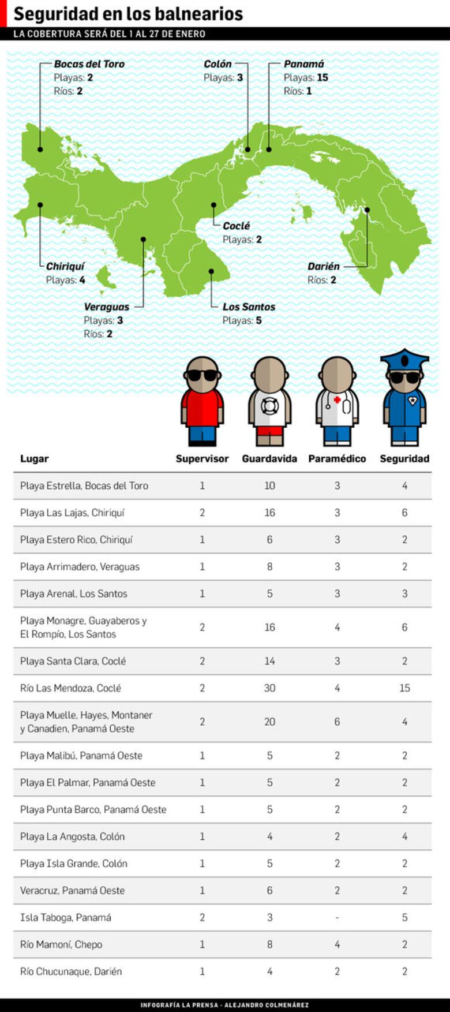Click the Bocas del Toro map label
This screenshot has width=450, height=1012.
pyautogui.click(x=89, y=64)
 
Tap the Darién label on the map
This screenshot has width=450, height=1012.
pyautogui.click(x=323, y=266)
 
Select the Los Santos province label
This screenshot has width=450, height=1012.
pyautogui.click(x=249, y=307)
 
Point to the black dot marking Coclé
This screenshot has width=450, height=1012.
pyautogui.click(x=213, y=205)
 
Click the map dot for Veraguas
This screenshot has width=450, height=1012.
pyautogui.click(x=143, y=239)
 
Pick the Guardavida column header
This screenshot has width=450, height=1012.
pyautogui.click(x=269, y=458)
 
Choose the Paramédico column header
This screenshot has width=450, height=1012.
pyautogui.click(x=337, y=458)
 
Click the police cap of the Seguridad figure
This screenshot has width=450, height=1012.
pyautogui.click(x=404, y=359)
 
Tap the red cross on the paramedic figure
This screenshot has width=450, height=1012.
pyautogui.click(x=337, y=399)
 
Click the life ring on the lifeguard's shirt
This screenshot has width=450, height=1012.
pyautogui.click(x=269, y=406)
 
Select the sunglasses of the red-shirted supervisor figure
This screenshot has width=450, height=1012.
pyautogui.click(x=202, y=375)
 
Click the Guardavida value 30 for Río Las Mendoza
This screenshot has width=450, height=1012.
pyautogui.click(x=269, y=688)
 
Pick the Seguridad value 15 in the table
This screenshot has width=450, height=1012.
pyautogui.click(x=404, y=688)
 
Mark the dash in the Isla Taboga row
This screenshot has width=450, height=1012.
pyautogui.click(x=337, y=917)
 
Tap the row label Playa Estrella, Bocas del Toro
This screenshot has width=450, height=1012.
pyautogui.click(x=84, y=486)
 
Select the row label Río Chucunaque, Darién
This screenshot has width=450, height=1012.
pyautogui.click(x=71, y=971)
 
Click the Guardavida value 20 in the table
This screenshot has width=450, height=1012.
pyautogui.click(x=269, y=722)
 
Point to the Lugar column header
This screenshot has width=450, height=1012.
pyautogui.click(x=34, y=458)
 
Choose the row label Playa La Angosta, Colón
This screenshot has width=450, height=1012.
pyautogui.click(x=72, y=837)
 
